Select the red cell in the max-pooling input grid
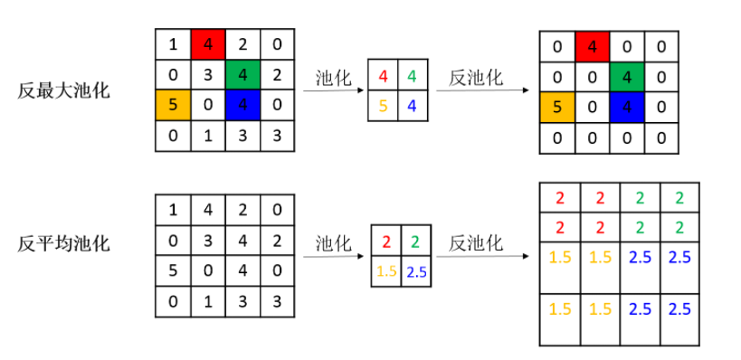[x=207, y=43]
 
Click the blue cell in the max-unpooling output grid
[x=627, y=108]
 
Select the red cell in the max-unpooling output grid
[x=593, y=45]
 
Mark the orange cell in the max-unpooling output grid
[x=557, y=108]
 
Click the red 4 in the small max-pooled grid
[x=384, y=76]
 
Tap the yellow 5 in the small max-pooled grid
[x=384, y=106]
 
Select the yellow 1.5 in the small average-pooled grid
[x=386, y=270]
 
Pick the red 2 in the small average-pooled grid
[x=386, y=242]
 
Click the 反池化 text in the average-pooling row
[x=474, y=243]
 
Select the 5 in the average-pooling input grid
[x=172, y=270]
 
